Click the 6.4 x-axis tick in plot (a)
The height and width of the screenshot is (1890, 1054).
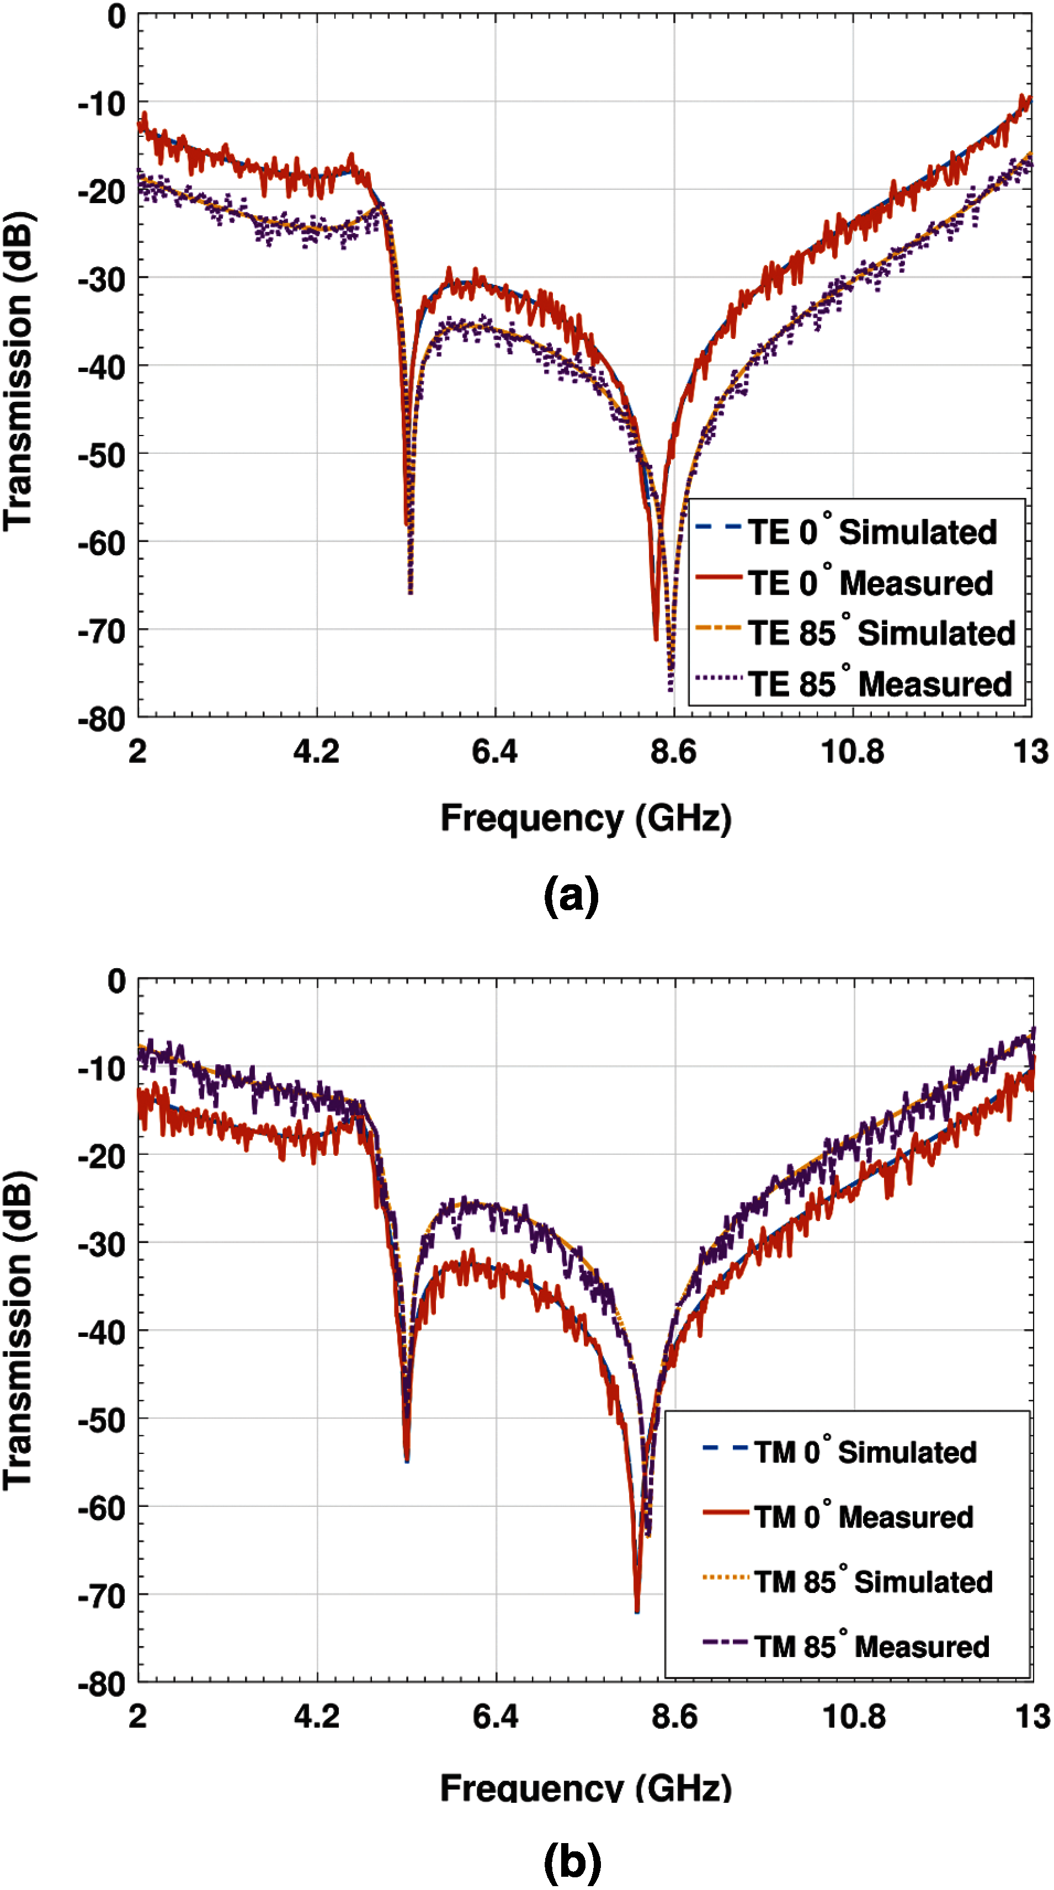pos(494,752)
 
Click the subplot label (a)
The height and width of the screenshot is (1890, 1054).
pos(571,895)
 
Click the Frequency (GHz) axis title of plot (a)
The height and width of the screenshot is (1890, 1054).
pos(585,818)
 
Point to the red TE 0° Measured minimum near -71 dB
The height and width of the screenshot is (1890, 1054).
pos(656,638)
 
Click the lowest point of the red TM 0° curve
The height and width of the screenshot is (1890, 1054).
pos(637,1611)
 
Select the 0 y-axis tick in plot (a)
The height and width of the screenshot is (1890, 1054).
pos(116,16)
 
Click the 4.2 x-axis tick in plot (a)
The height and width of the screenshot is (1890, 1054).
pos(316,752)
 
